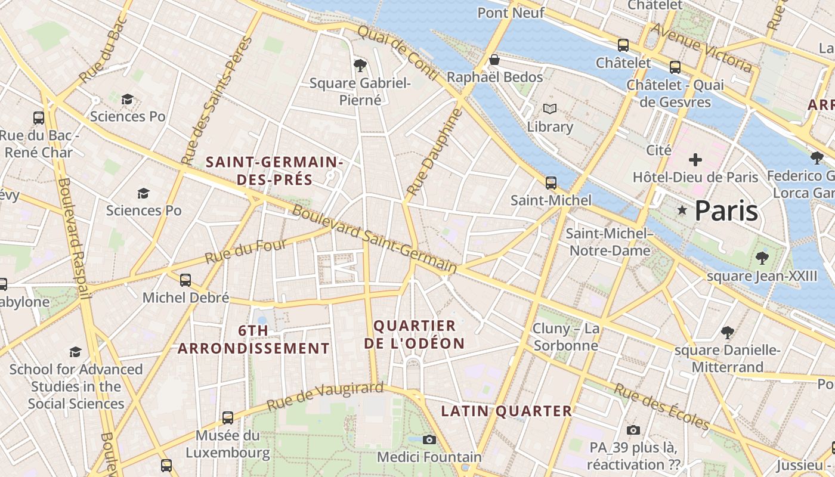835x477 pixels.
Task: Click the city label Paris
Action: tap(726, 210)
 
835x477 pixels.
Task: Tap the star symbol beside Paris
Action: tap(682, 210)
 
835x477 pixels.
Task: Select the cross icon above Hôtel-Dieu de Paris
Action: tap(695, 160)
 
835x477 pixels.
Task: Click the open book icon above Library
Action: tap(549, 109)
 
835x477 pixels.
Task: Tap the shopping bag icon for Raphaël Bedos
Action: tap(494, 60)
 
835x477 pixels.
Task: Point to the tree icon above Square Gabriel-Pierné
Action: tap(360, 65)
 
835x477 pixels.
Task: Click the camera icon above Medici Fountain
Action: tap(429, 439)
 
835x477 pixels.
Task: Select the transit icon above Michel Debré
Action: tap(185, 280)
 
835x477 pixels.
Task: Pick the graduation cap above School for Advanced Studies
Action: tap(75, 352)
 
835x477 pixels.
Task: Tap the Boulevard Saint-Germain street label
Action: tap(374, 240)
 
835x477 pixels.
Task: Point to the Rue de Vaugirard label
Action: tap(324, 397)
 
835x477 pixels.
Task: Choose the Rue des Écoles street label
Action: tap(662, 407)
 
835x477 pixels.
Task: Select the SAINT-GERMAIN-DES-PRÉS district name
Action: tap(274, 171)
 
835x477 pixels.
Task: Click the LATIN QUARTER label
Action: tap(506, 411)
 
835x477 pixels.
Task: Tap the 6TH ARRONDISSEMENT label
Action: tap(253, 339)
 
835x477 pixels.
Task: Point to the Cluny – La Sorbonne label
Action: tap(565, 337)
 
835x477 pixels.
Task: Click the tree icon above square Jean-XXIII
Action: tap(762, 258)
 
